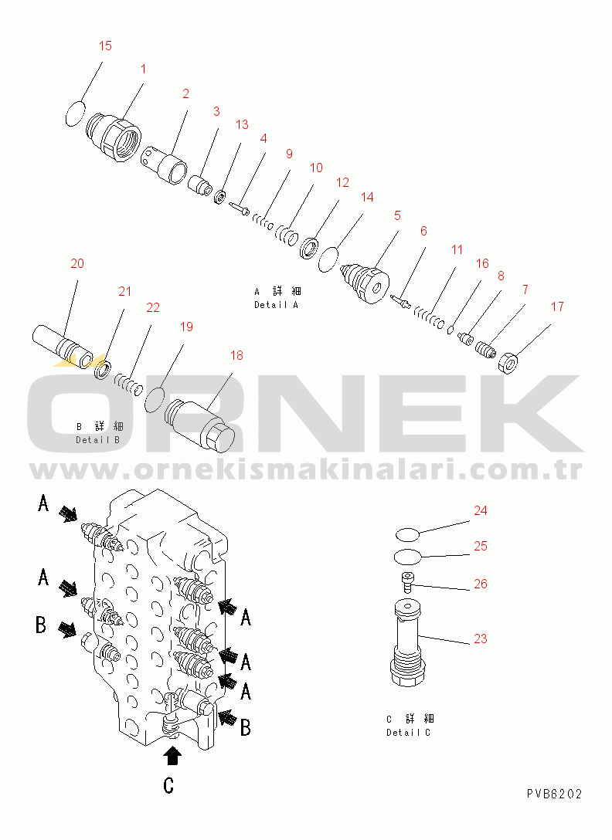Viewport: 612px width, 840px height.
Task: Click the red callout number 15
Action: pos(105,46)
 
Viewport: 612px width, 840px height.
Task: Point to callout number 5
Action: pos(397,216)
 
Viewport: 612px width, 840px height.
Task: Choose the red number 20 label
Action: pos(77,264)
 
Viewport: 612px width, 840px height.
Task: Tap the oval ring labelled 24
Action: pos(406,533)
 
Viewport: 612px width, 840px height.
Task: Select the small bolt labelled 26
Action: pos(407,582)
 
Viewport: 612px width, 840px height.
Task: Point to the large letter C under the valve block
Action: pos(168,785)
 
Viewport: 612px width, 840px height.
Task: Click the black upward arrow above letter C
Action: pos(172,753)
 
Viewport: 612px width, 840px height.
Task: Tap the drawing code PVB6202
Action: pos(555,794)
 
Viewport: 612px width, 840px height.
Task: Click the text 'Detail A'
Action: pos(277,304)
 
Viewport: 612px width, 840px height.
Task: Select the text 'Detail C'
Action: pos(409,732)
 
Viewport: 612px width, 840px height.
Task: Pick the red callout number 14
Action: pos(367,198)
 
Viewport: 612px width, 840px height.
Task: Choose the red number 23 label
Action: pos(481,639)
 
